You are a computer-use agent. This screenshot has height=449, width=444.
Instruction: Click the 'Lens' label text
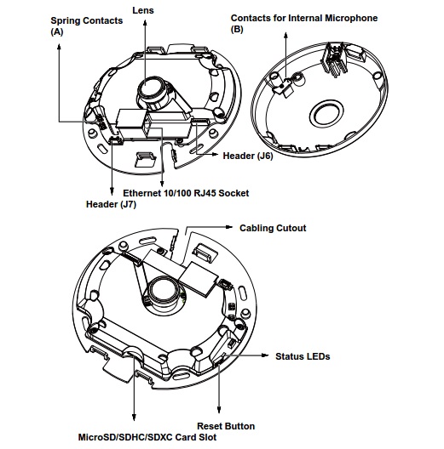tap(143, 10)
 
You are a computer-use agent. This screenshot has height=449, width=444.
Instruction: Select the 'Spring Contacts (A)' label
tap(87, 26)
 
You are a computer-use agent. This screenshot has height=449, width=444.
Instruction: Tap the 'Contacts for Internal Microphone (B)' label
tap(304, 23)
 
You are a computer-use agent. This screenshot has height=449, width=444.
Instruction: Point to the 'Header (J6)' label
tap(248, 156)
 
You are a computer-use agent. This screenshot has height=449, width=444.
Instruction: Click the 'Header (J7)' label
tap(111, 204)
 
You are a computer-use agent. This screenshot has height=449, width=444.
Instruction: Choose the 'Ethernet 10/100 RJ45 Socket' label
tap(186, 193)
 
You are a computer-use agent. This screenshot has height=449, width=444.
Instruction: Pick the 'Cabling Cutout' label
tap(273, 228)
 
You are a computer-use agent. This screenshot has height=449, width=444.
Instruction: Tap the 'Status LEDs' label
tap(303, 356)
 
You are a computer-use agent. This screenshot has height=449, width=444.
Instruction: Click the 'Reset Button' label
tap(226, 426)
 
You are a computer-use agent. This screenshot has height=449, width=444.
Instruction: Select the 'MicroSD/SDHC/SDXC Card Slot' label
tap(147, 437)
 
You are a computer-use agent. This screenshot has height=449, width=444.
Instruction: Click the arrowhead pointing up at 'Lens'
tap(145, 23)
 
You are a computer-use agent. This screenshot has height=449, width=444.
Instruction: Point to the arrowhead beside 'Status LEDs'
tap(265, 355)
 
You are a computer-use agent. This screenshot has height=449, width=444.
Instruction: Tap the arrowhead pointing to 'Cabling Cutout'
tap(229, 227)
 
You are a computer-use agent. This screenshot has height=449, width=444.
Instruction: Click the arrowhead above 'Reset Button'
tap(219, 410)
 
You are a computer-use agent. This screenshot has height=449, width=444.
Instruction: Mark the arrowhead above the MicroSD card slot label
tap(134, 418)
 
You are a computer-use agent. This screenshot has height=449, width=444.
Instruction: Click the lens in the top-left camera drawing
tap(150, 88)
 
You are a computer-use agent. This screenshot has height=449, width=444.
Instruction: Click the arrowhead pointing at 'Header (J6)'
tap(215, 155)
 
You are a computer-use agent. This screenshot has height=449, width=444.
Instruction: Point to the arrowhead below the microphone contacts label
tap(285, 37)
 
